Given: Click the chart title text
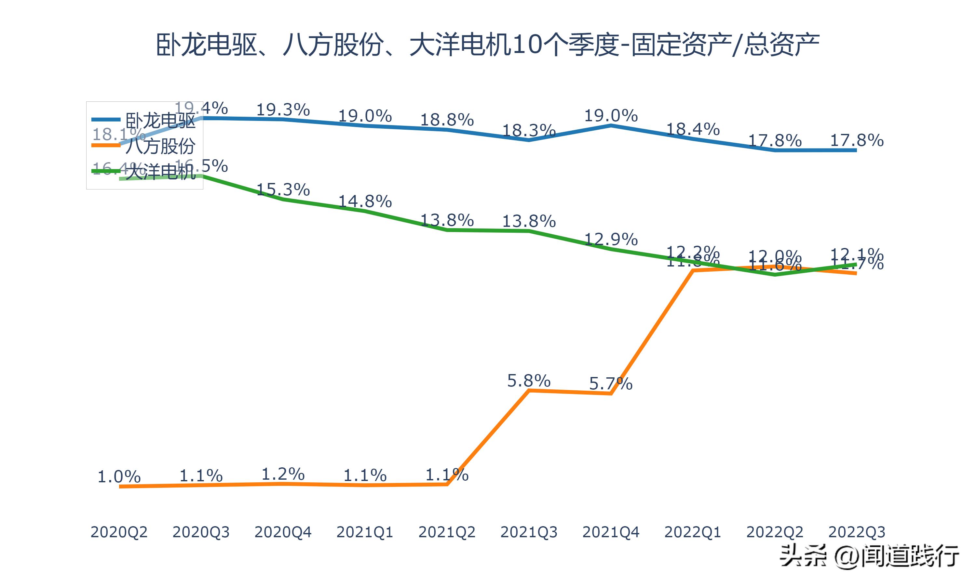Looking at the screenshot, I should (488, 45).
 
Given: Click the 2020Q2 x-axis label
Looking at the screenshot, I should (119, 532).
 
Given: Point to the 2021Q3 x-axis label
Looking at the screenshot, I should (529, 532).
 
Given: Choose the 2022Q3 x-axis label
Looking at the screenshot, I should (857, 532).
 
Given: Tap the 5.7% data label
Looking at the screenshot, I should (611, 383).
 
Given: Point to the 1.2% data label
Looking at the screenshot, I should (283, 474).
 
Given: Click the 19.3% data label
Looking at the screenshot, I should (283, 110).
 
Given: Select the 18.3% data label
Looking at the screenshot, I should (529, 130).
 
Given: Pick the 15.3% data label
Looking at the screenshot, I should (283, 189).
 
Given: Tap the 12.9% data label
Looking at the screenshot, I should (611, 239).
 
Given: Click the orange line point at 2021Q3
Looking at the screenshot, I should (529, 390).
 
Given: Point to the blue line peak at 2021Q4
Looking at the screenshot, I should (611, 125).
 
